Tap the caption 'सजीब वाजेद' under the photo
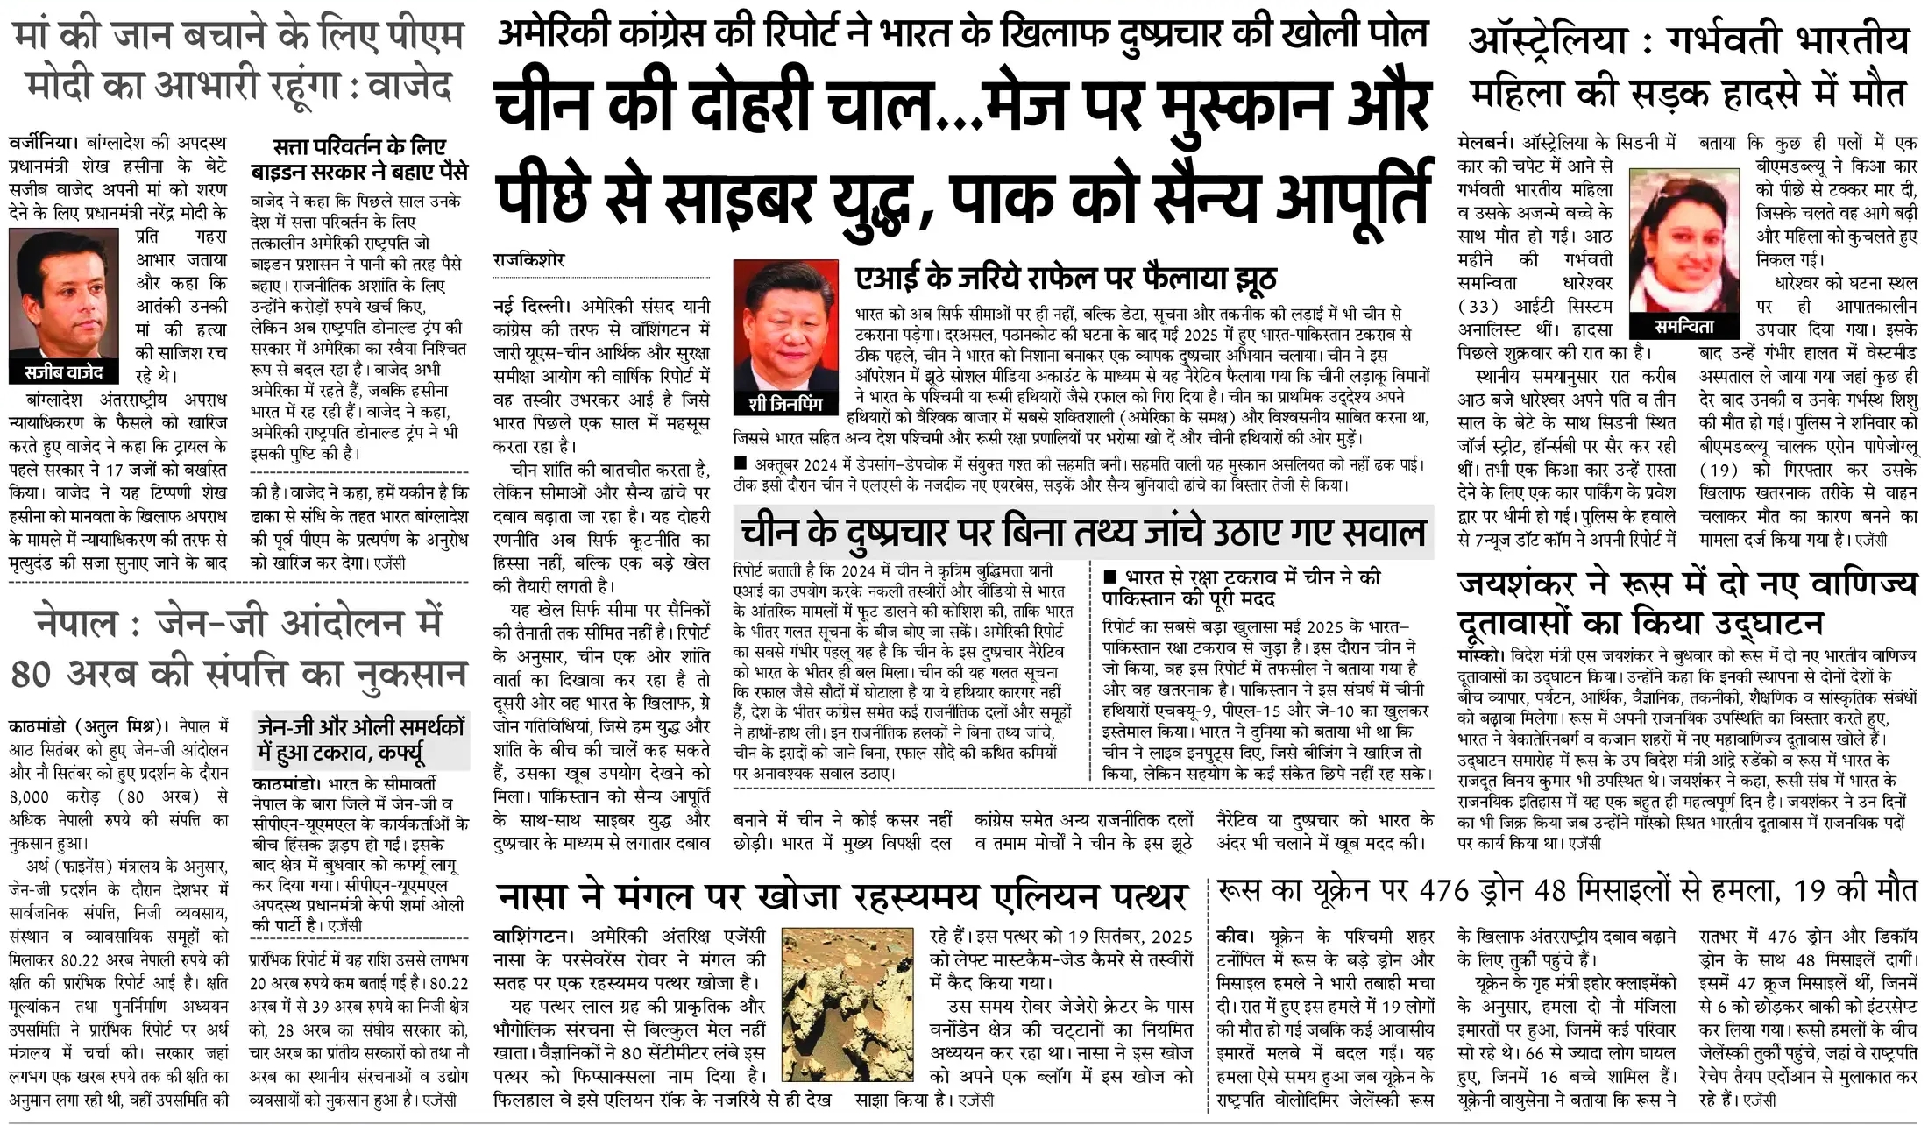click(63, 372)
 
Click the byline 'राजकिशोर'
click(528, 260)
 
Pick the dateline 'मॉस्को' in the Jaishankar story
click(1479, 655)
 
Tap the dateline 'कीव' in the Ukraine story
click(1233, 936)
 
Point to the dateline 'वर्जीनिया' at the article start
click(42, 142)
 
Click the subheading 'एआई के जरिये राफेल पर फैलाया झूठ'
click(1065, 278)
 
